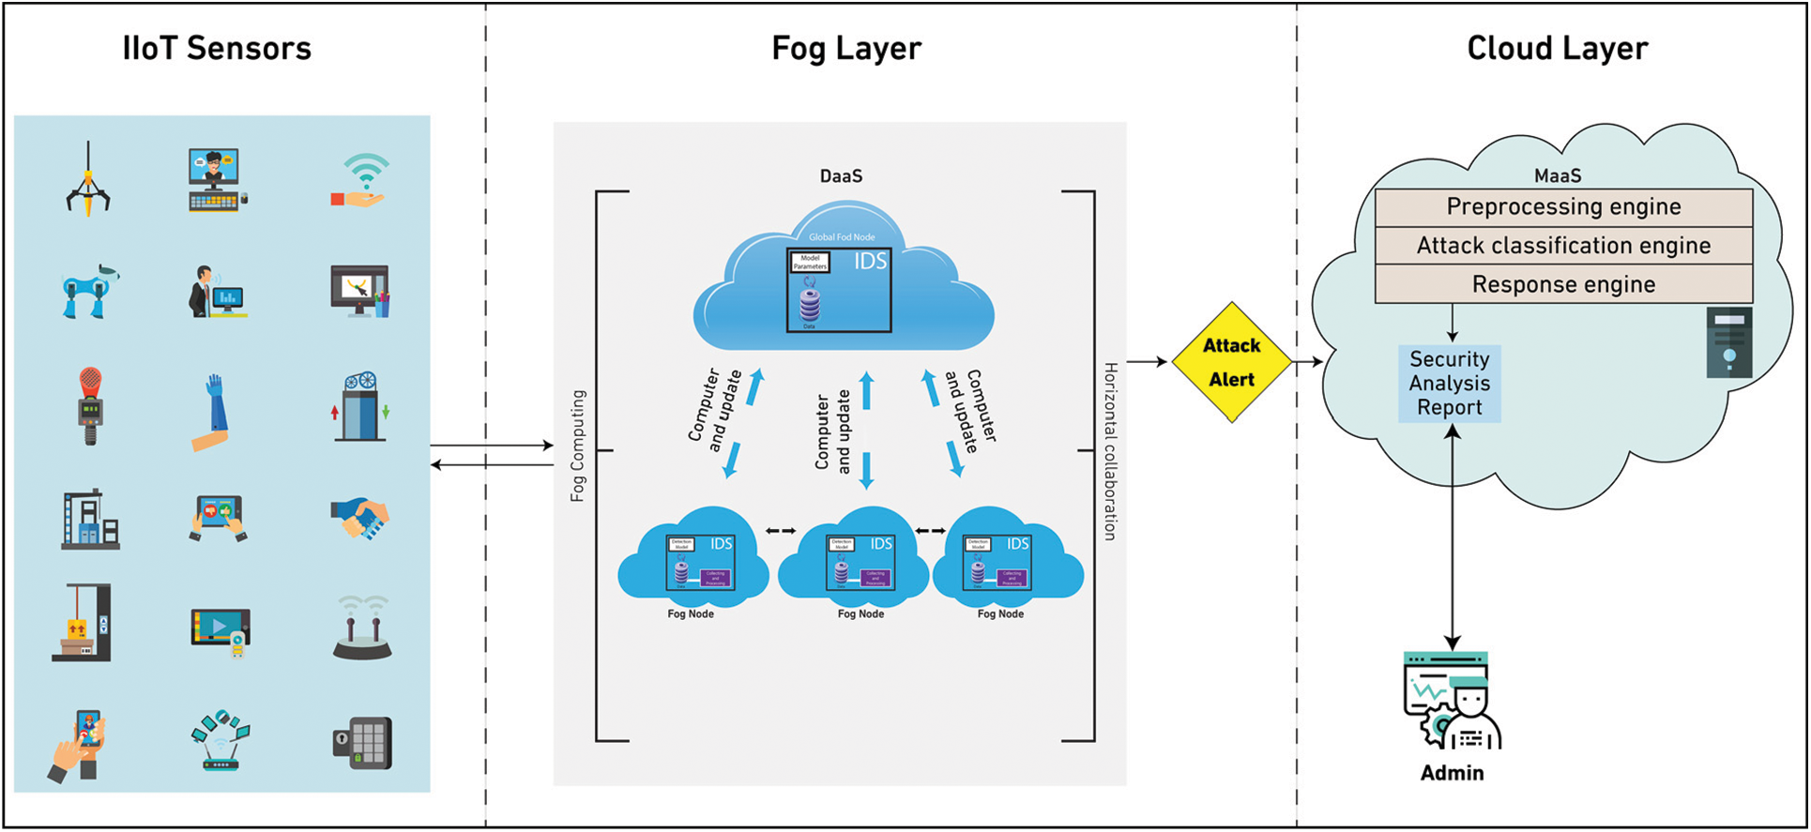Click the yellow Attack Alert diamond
[1231, 362]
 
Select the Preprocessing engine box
[1563, 207]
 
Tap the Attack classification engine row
[1563, 246]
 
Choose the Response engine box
[1563, 284]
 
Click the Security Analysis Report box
[1449, 384]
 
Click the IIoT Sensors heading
[217, 49]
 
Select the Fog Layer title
[845, 49]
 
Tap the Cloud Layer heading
[1557, 49]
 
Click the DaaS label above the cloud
[841, 176]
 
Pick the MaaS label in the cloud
[1557, 176]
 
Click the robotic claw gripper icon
[88, 180]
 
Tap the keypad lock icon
[363, 743]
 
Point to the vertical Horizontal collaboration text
[1110, 451]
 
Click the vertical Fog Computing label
[578, 446]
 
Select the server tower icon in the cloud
[1728, 342]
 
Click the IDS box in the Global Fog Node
[839, 290]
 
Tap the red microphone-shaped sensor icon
[89, 405]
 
